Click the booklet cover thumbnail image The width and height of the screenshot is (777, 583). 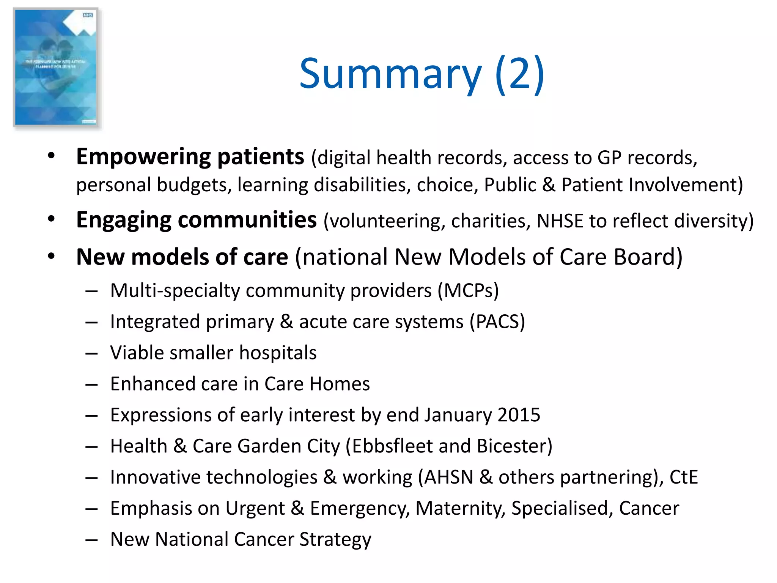click(56, 67)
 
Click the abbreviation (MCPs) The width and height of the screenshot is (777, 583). click(468, 291)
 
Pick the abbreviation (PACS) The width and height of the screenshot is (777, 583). click(497, 322)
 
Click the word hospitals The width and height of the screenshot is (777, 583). click(278, 353)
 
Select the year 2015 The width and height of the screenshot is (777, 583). click(519, 415)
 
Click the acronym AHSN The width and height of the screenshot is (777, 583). click(448, 477)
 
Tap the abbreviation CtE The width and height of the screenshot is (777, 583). click(683, 477)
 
